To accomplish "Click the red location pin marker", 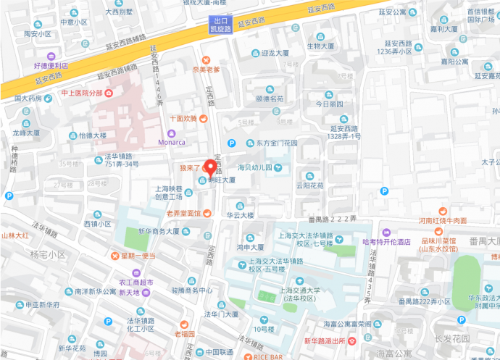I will click(x=211, y=167).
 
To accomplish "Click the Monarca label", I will click(x=172, y=142).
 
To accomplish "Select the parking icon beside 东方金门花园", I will click(x=232, y=143).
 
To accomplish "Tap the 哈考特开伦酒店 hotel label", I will click(x=388, y=242).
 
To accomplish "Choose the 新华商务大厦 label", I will click(x=154, y=232).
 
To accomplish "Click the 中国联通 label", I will click(x=217, y=353).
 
